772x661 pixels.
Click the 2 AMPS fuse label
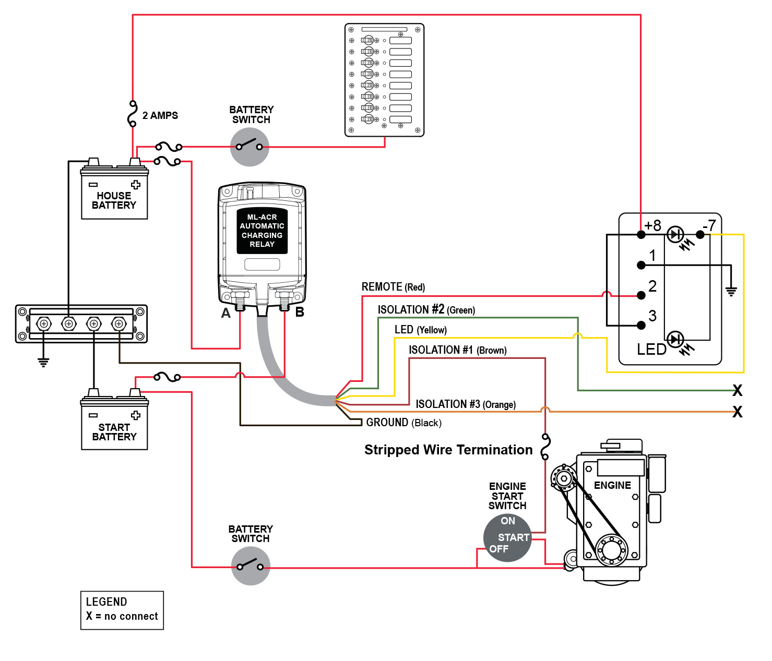(x=160, y=115)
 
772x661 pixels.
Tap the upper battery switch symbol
(x=250, y=147)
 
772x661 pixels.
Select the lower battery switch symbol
(x=251, y=566)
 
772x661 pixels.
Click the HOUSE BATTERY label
(x=114, y=200)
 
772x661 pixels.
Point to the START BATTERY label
(x=114, y=432)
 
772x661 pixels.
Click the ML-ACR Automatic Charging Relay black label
(x=262, y=231)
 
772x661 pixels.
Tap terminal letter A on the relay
(x=225, y=313)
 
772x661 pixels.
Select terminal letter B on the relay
(x=300, y=312)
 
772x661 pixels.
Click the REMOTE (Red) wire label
(x=393, y=287)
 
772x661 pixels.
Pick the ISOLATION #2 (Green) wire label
(x=426, y=310)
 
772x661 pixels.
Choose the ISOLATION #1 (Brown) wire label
(x=457, y=350)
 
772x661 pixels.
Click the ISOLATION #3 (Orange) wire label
(x=466, y=404)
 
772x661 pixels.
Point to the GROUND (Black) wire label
(x=403, y=423)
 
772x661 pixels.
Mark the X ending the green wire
(x=737, y=390)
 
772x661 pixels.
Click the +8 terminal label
(x=652, y=225)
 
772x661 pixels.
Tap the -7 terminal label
(x=709, y=225)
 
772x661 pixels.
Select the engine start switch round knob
(x=507, y=538)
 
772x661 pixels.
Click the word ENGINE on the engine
(x=612, y=485)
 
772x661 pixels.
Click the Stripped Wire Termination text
(x=448, y=450)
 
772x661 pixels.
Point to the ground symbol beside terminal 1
(x=731, y=291)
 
